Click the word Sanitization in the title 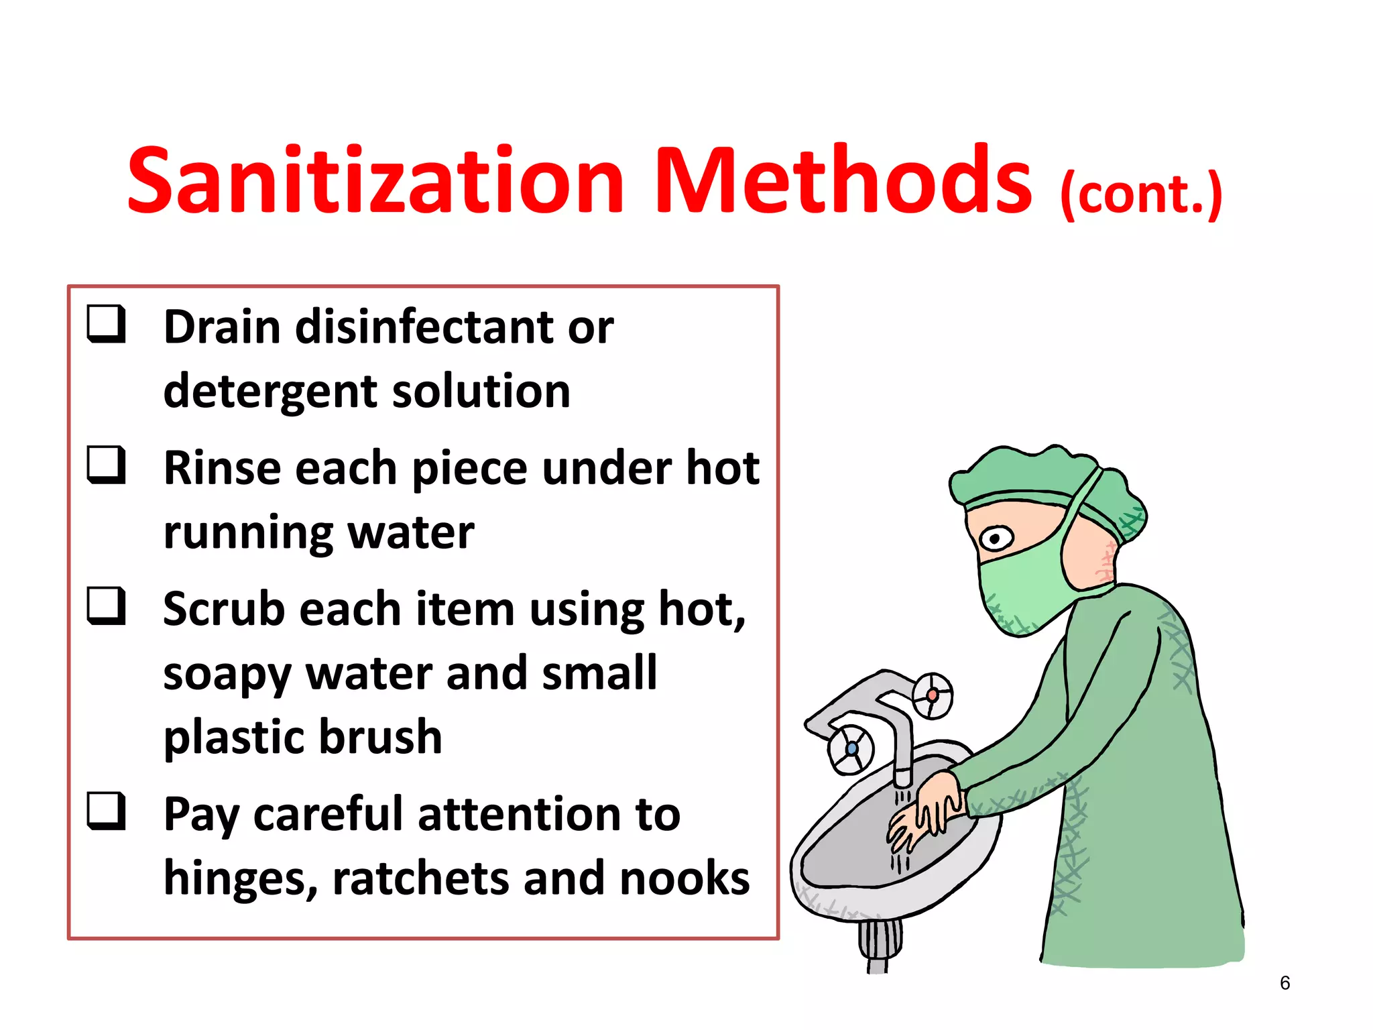[375, 181]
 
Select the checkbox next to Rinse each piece [107, 465]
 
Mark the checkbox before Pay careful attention [107, 811]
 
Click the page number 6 [1285, 983]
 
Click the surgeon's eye [996, 538]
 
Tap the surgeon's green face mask [1019, 590]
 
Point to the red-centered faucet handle [932, 695]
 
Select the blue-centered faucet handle [851, 748]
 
